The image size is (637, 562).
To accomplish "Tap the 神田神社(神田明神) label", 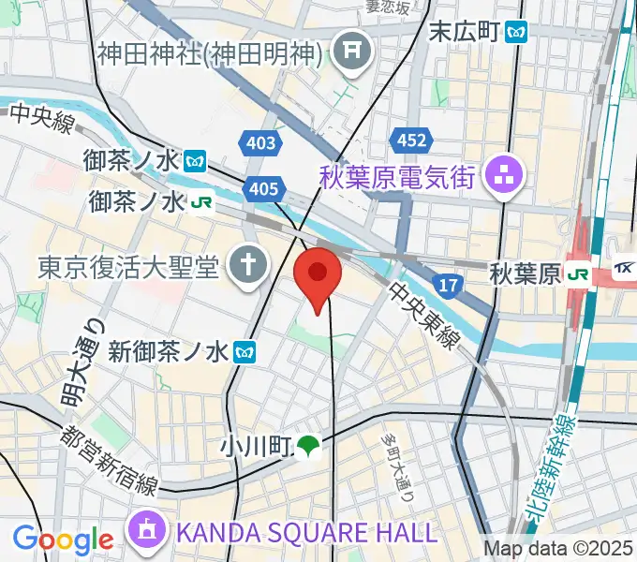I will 210,52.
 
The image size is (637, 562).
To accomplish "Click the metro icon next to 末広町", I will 515,32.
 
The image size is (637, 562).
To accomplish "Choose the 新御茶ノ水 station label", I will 168,352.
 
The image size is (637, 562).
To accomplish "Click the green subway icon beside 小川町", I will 307,448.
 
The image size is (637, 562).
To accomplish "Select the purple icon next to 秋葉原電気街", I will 507,176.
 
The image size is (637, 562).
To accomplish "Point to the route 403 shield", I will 261,142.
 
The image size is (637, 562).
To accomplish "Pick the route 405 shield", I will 263,189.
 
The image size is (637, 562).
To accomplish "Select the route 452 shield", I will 411,140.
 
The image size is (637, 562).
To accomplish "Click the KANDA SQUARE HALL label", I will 306,533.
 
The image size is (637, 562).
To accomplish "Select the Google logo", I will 63,539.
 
